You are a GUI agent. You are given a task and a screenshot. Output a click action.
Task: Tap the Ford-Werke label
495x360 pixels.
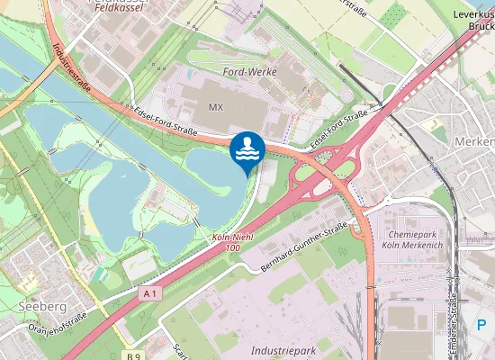pos(249,71)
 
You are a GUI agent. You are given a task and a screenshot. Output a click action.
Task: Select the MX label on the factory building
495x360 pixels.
pos(215,106)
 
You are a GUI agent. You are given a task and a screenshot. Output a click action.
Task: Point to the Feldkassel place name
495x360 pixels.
pos(96,4)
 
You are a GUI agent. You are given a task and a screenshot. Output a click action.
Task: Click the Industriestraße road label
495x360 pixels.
pos(71,62)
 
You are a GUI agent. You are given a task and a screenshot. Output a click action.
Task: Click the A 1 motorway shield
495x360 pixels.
pos(149,293)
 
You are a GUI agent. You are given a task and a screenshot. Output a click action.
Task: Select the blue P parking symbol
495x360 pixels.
pos(481,324)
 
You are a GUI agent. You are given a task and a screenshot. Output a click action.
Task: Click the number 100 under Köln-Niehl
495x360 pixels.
pos(232,247)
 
